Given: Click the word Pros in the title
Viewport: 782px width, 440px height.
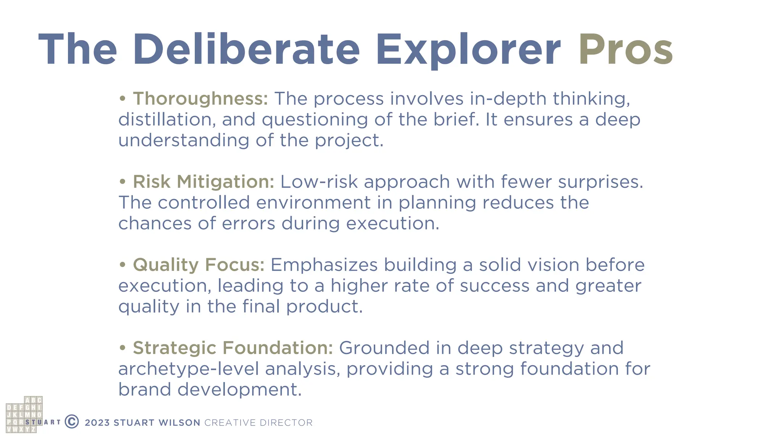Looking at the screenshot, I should point(625,50).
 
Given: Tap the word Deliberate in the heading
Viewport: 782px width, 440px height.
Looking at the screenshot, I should point(246,50).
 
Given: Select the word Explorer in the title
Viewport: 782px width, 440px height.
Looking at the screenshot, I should point(468,50).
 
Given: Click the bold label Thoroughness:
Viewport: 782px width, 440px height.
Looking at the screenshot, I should point(200,99).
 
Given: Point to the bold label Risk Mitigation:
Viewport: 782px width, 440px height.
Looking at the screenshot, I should point(203,182).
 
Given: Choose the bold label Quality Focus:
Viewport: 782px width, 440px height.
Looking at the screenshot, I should point(199,265).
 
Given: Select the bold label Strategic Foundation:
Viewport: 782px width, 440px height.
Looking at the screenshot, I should point(233,348).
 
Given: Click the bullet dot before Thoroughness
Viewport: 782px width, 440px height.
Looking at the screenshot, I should point(122,99).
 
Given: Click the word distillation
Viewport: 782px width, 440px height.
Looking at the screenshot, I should point(164,120).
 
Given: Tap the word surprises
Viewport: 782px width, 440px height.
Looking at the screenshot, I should point(600,182).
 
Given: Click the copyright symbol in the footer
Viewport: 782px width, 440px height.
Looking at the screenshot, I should point(72,422).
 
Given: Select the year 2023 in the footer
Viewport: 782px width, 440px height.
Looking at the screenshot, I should point(97,423).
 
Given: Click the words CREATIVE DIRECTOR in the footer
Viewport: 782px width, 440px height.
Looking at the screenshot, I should point(259,423).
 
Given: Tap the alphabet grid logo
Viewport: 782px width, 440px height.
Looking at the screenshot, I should point(24,415).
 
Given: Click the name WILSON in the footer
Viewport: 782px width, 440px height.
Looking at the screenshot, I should point(179,423).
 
